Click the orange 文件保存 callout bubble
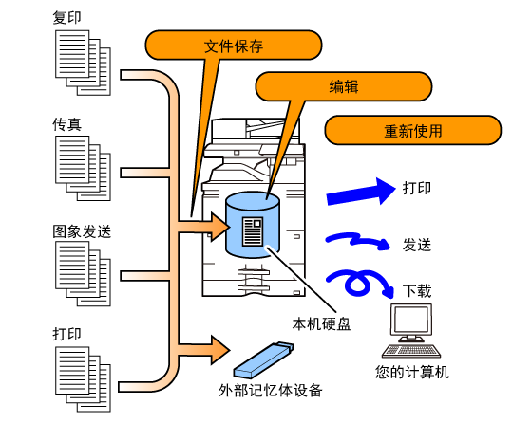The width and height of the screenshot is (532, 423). pyautogui.click(x=234, y=46)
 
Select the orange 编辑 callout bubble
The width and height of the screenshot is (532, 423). pyautogui.click(x=343, y=86)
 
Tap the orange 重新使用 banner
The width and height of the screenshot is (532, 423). pyautogui.click(x=413, y=130)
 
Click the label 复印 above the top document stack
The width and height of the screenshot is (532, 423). pyautogui.click(x=66, y=18)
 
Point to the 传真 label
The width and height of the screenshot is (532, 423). pyautogui.click(x=66, y=124)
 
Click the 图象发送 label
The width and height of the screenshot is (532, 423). pyautogui.click(x=82, y=231)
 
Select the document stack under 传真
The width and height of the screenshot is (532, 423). pyautogui.click(x=84, y=168)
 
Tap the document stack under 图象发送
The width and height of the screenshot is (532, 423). pyautogui.click(x=84, y=274)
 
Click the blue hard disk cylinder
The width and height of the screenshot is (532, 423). pyautogui.click(x=253, y=225)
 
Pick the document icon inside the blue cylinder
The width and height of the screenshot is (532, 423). pyautogui.click(x=253, y=231)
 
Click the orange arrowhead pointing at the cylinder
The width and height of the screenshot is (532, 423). pyautogui.click(x=219, y=227)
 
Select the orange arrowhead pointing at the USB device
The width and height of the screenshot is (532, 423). pyautogui.click(x=219, y=350)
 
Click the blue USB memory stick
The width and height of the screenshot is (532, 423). pyautogui.click(x=263, y=359)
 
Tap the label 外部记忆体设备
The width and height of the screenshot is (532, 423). pyautogui.click(x=270, y=391)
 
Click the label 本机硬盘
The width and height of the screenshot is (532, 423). pyautogui.click(x=322, y=324)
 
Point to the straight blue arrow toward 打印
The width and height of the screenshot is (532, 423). pyautogui.click(x=361, y=192)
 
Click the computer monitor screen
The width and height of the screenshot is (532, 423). pyautogui.click(x=411, y=320)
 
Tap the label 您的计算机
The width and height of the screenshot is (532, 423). pyautogui.click(x=412, y=372)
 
